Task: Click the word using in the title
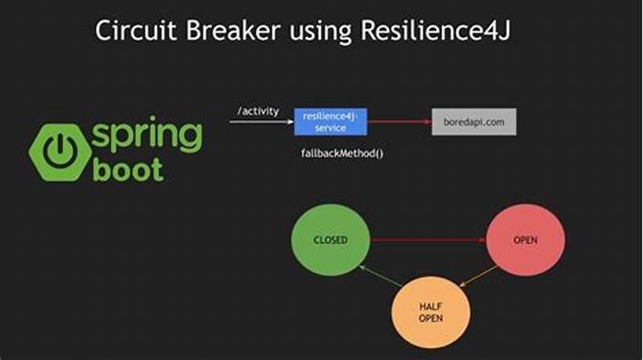(313, 32)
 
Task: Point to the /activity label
(258, 111)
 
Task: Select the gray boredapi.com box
(473, 121)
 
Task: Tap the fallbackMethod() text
(341, 153)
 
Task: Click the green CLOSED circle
(330, 239)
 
